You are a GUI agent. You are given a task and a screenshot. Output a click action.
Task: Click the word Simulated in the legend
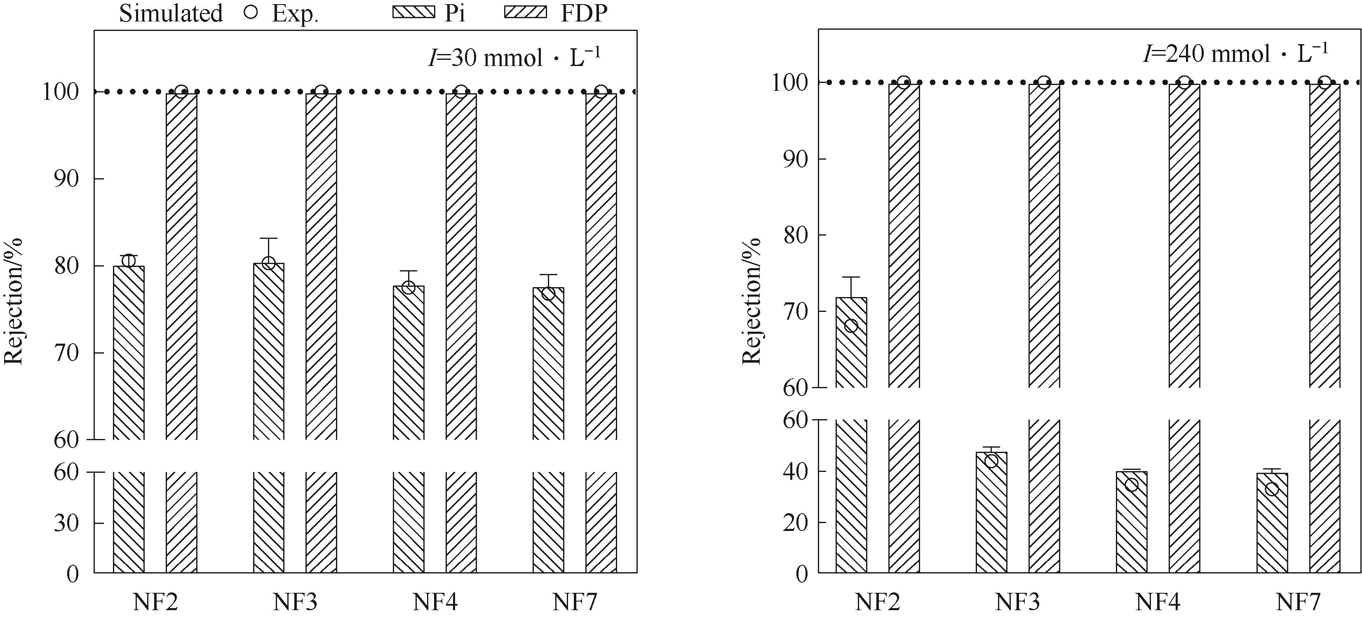point(171,13)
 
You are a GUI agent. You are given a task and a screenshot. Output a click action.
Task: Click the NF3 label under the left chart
point(295,602)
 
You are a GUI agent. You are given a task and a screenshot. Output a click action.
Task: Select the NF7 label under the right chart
point(1298,602)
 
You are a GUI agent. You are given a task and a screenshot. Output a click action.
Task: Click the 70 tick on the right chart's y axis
point(796,311)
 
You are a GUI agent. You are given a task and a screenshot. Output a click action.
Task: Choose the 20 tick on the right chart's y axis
point(796,523)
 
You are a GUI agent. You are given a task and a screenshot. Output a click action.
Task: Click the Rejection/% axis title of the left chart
point(13,302)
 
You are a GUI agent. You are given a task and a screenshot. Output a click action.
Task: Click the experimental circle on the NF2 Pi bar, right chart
point(851,326)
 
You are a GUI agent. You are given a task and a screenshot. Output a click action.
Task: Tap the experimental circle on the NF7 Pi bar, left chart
point(548,294)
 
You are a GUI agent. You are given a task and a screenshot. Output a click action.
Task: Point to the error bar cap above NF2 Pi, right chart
point(851,277)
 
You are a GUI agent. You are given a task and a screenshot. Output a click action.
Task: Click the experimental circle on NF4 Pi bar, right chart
point(1131,485)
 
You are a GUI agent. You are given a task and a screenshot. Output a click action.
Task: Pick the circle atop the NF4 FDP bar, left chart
point(461,92)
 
